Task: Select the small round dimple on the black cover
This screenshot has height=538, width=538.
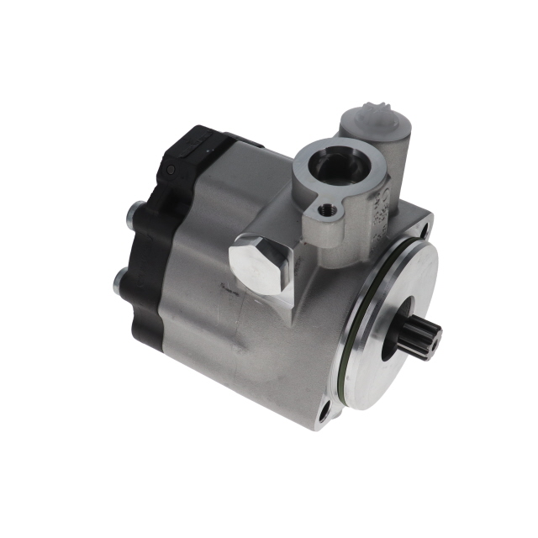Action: point(171,171)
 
